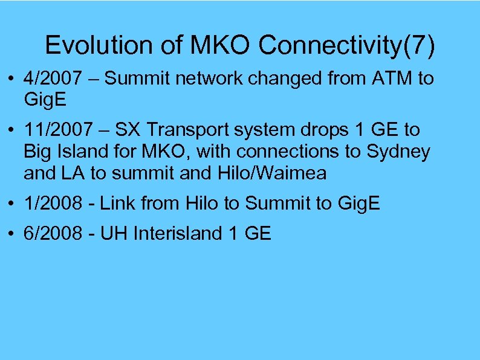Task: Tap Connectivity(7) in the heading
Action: (x=346, y=46)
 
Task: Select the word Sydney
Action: (x=398, y=152)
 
